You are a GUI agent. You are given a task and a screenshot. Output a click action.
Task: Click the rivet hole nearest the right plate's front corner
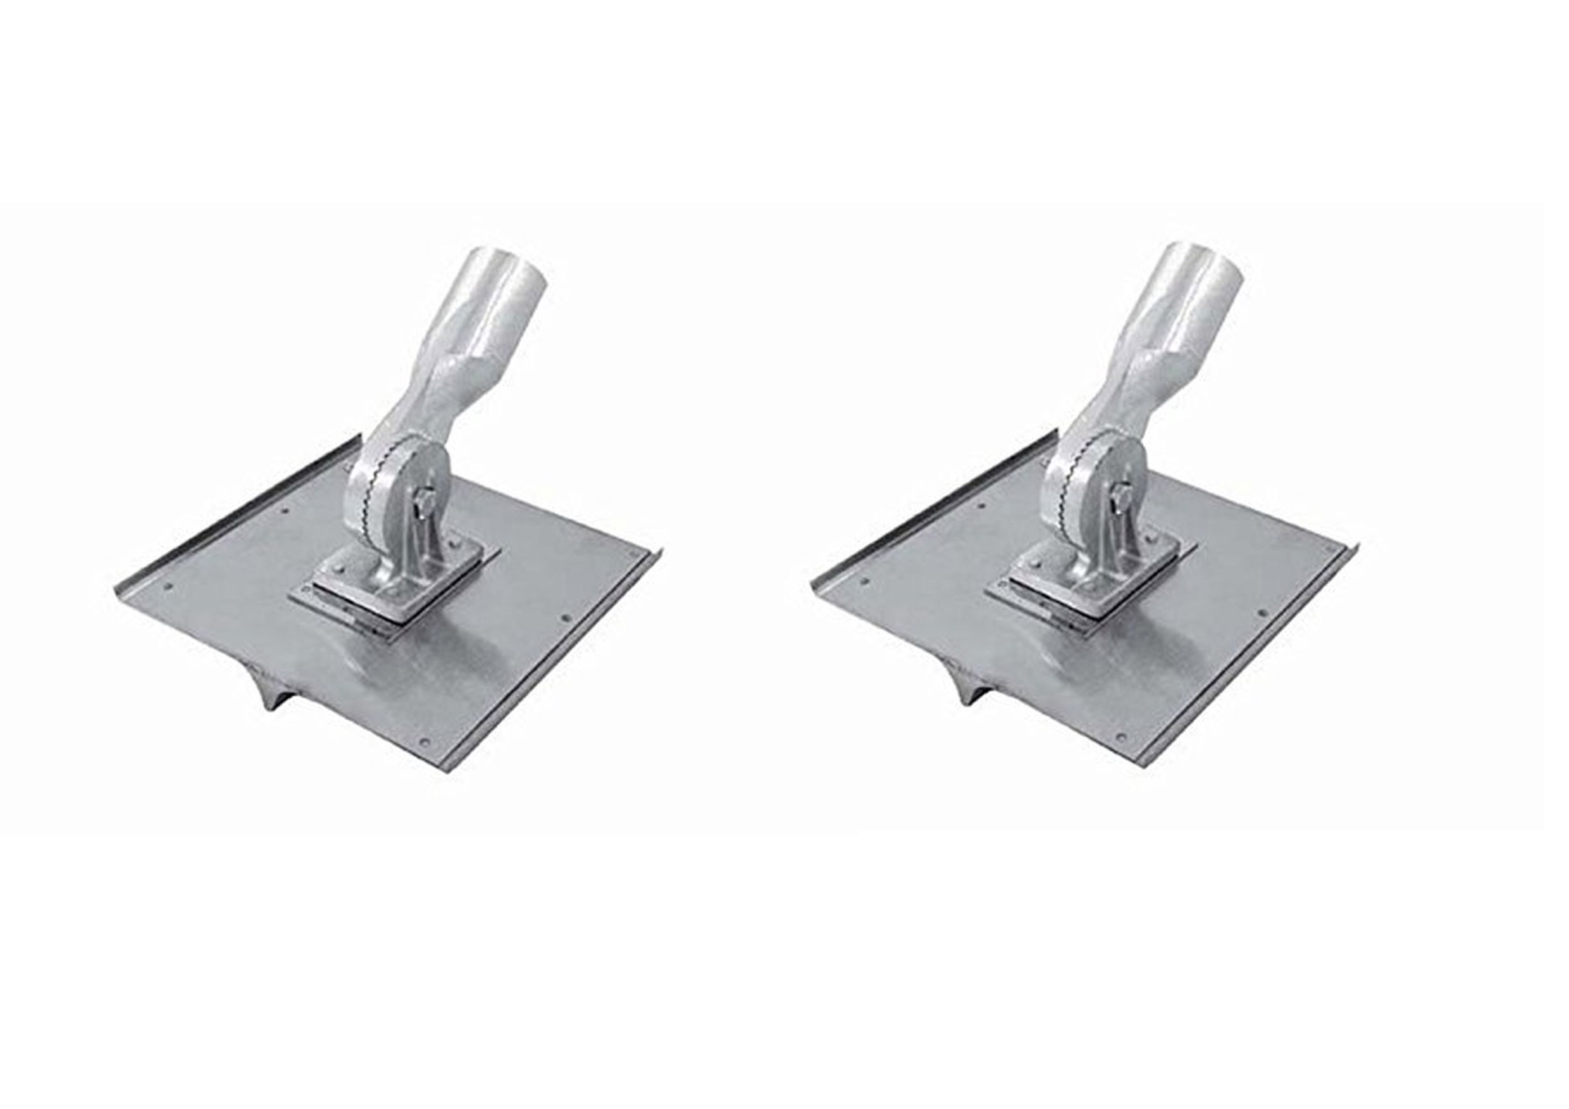pos(1122,737)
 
